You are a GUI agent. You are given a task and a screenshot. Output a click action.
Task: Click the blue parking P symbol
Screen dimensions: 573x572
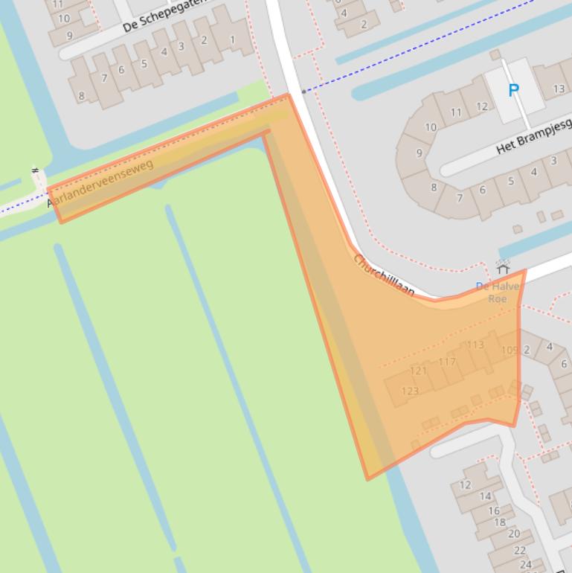(x=513, y=91)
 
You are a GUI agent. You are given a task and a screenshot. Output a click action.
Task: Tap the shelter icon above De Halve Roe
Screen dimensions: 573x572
(x=503, y=267)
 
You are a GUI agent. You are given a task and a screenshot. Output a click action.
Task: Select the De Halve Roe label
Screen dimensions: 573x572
(x=492, y=292)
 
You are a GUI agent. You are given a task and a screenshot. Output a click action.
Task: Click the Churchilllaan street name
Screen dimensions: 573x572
(x=384, y=275)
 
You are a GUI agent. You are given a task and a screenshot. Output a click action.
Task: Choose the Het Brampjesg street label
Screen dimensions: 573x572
(x=533, y=136)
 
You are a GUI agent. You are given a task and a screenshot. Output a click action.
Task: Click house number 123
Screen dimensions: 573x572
(x=410, y=391)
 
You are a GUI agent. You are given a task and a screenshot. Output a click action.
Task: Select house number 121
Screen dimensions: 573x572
(x=419, y=371)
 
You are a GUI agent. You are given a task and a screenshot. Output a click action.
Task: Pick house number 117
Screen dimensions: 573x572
(x=446, y=362)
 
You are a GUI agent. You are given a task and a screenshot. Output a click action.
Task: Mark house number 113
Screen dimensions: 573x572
(x=475, y=345)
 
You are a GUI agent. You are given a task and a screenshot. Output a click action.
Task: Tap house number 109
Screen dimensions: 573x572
(x=510, y=350)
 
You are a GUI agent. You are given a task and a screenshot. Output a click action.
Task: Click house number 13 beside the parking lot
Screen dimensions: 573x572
(x=559, y=89)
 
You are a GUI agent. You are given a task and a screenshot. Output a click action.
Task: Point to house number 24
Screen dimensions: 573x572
(x=526, y=564)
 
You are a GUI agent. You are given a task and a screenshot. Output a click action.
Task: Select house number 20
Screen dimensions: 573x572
(x=514, y=534)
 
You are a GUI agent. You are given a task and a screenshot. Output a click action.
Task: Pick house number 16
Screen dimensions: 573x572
(x=494, y=510)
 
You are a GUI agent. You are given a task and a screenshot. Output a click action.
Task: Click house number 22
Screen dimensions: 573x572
(x=520, y=550)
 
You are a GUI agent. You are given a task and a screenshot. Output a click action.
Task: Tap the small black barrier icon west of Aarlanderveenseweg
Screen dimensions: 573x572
(x=35, y=172)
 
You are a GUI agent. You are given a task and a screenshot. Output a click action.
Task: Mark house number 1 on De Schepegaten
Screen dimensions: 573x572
(x=232, y=39)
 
